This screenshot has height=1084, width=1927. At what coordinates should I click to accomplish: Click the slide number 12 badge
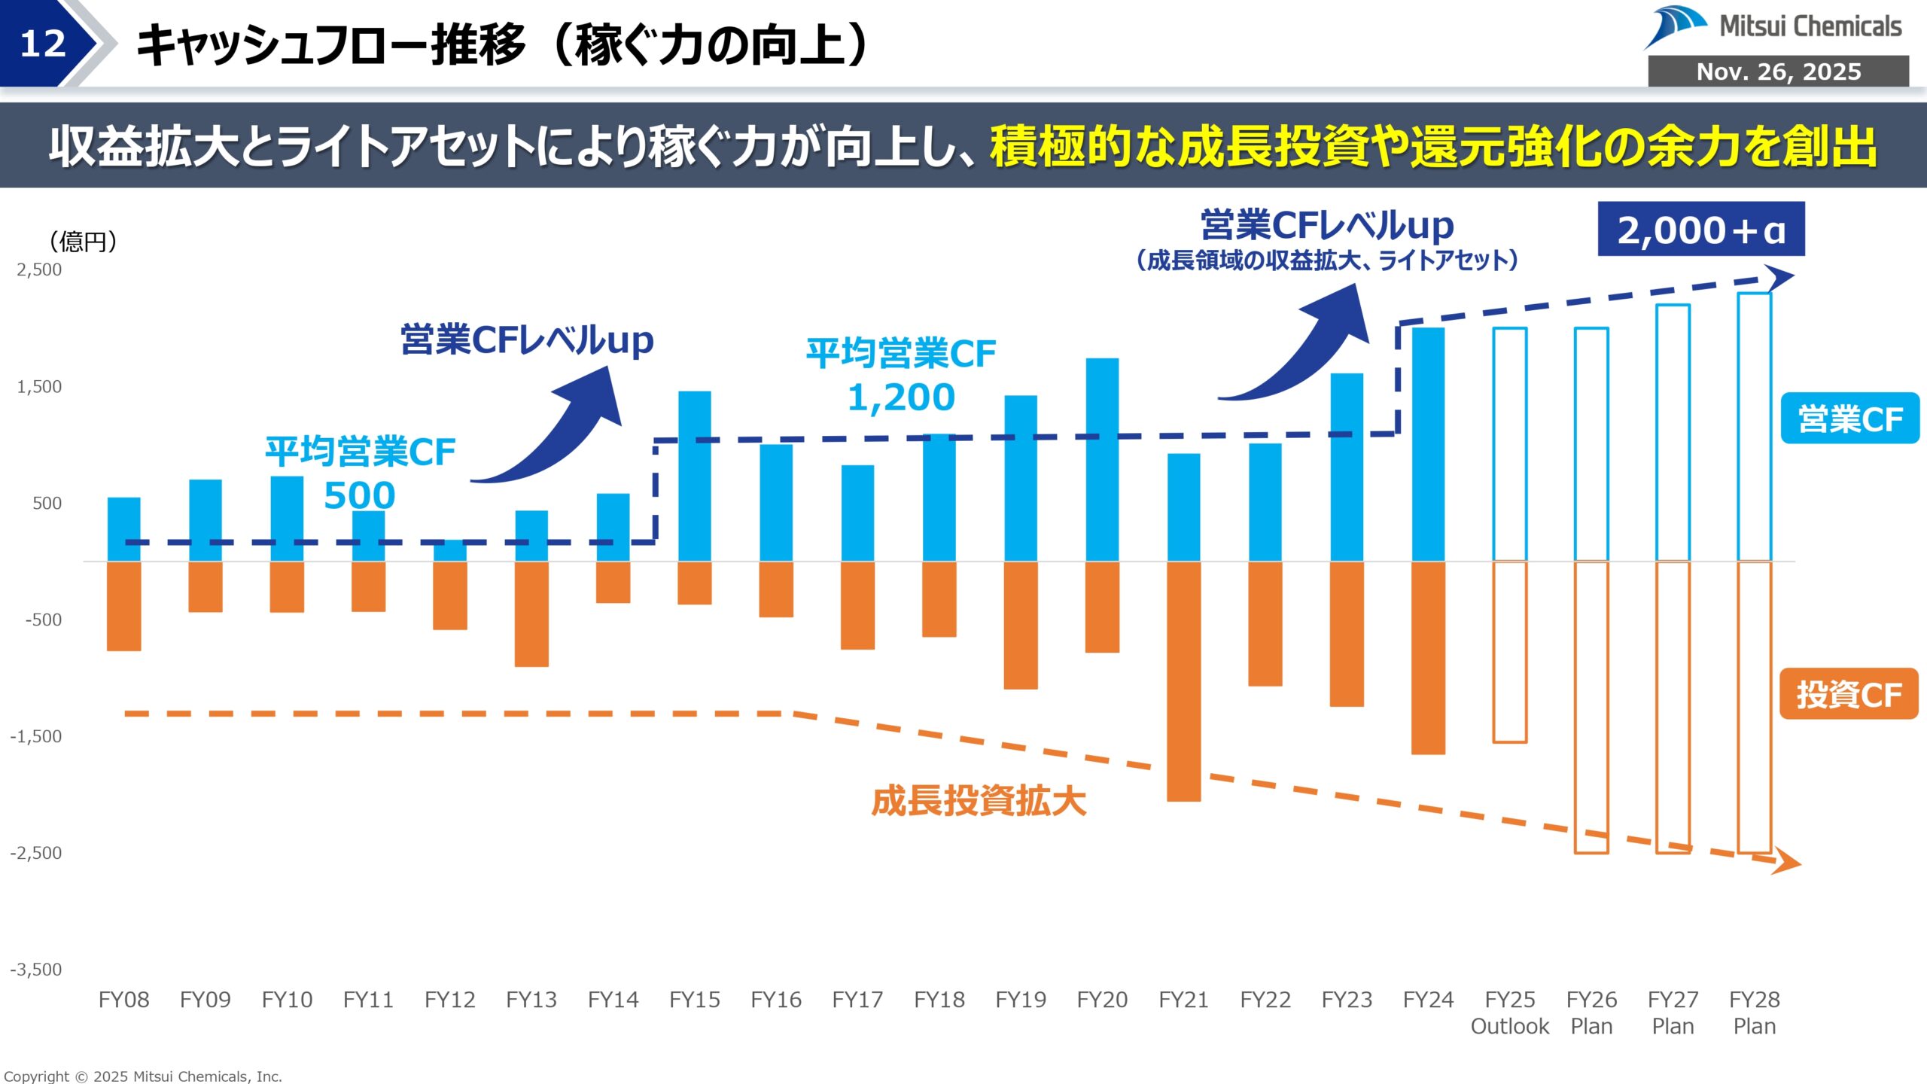tap(44, 44)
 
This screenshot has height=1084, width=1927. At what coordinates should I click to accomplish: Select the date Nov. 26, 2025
tap(1778, 72)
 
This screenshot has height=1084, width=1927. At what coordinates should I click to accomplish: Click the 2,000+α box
tap(1700, 230)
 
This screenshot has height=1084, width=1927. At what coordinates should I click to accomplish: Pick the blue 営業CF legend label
tap(1849, 419)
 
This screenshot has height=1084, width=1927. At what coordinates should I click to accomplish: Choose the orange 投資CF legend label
tap(1848, 694)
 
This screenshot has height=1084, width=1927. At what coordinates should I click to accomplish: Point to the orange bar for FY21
tap(1183, 681)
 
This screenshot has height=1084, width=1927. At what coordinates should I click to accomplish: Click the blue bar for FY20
tap(1102, 459)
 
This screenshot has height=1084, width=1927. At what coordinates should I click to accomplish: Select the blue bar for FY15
tap(694, 476)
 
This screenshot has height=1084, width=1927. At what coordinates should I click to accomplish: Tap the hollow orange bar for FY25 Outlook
tap(1510, 652)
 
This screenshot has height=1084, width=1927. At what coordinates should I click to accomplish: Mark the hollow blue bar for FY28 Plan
tap(1754, 427)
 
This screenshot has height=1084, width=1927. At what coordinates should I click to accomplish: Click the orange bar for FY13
tap(531, 614)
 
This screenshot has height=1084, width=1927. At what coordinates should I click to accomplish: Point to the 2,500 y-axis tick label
tap(39, 269)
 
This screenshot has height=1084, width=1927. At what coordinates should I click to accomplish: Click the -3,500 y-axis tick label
tap(36, 970)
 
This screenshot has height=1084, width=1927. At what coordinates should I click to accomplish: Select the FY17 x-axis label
tap(857, 1000)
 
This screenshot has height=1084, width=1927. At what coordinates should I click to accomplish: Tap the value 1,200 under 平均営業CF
tap(901, 397)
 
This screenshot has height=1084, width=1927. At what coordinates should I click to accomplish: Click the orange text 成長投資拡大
tap(979, 801)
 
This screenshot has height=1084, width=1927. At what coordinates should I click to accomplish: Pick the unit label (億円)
tap(83, 242)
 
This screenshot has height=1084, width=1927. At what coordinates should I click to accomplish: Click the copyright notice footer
tap(143, 1076)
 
